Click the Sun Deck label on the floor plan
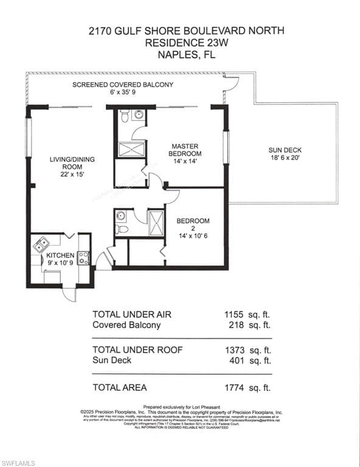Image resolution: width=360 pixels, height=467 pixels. point(285,150)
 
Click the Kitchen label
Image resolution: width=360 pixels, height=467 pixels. point(61,255)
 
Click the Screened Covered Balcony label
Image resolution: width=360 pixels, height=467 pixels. point(123,85)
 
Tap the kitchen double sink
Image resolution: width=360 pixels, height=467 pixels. point(41,245)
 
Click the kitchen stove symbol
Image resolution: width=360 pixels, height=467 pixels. point(83,258)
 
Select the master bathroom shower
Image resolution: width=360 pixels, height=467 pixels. point(131,149)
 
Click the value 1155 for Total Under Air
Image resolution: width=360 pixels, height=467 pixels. point(234,314)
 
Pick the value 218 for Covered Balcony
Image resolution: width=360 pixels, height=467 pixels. point(236,325)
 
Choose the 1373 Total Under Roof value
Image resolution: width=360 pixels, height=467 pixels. point(234,350)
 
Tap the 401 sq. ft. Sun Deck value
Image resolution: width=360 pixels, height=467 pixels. point(236,361)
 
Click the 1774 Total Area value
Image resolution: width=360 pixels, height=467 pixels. point(234,387)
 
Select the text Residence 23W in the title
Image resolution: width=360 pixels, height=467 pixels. point(179,43)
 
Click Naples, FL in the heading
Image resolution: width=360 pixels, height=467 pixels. point(179,55)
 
